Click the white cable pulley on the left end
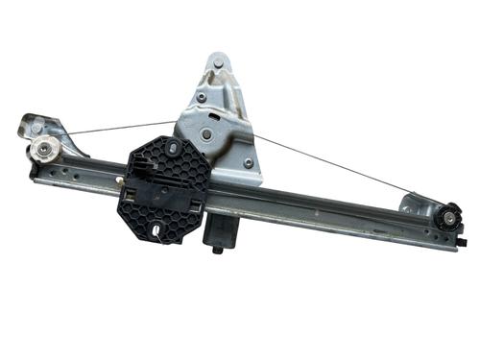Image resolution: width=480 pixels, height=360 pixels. pyautogui.click(x=46, y=149)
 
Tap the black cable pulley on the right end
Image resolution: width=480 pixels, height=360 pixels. pyautogui.click(x=448, y=218)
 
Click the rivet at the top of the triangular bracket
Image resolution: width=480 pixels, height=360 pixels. pyautogui.click(x=217, y=64)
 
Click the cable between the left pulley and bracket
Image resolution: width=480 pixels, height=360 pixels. pyautogui.click(x=115, y=128)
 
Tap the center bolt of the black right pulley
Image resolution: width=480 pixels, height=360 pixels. pyautogui.click(x=448, y=218)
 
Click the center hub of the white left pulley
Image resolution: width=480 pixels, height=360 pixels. pyautogui.click(x=45, y=149)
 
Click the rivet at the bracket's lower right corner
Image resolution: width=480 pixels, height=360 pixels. pyautogui.click(x=249, y=163)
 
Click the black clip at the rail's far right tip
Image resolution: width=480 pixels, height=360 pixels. pyautogui.click(x=453, y=246)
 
